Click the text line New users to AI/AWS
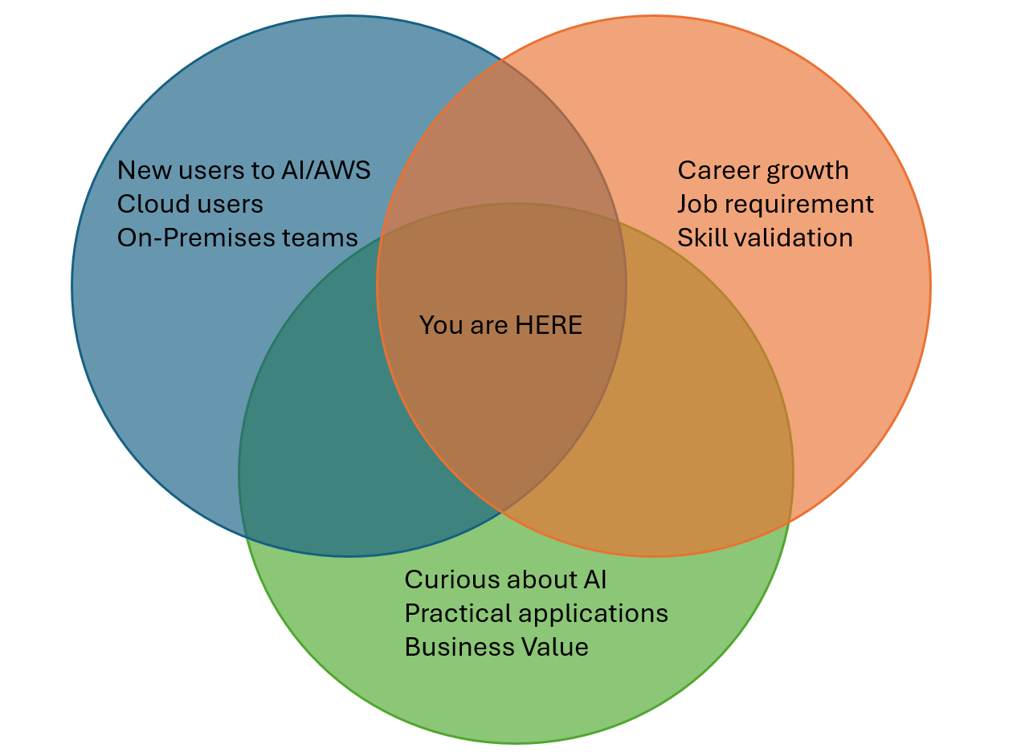coord(243,170)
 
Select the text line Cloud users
coord(190,204)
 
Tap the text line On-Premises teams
coord(237,238)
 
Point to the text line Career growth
coord(762,170)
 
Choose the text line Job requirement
coord(775,204)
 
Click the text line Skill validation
coord(765,238)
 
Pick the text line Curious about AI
coord(505,579)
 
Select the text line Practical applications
coord(536,613)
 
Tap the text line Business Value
coord(496,647)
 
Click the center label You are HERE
coord(500,325)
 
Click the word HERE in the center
coord(549,325)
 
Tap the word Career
coord(717,170)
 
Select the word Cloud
coord(146,204)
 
